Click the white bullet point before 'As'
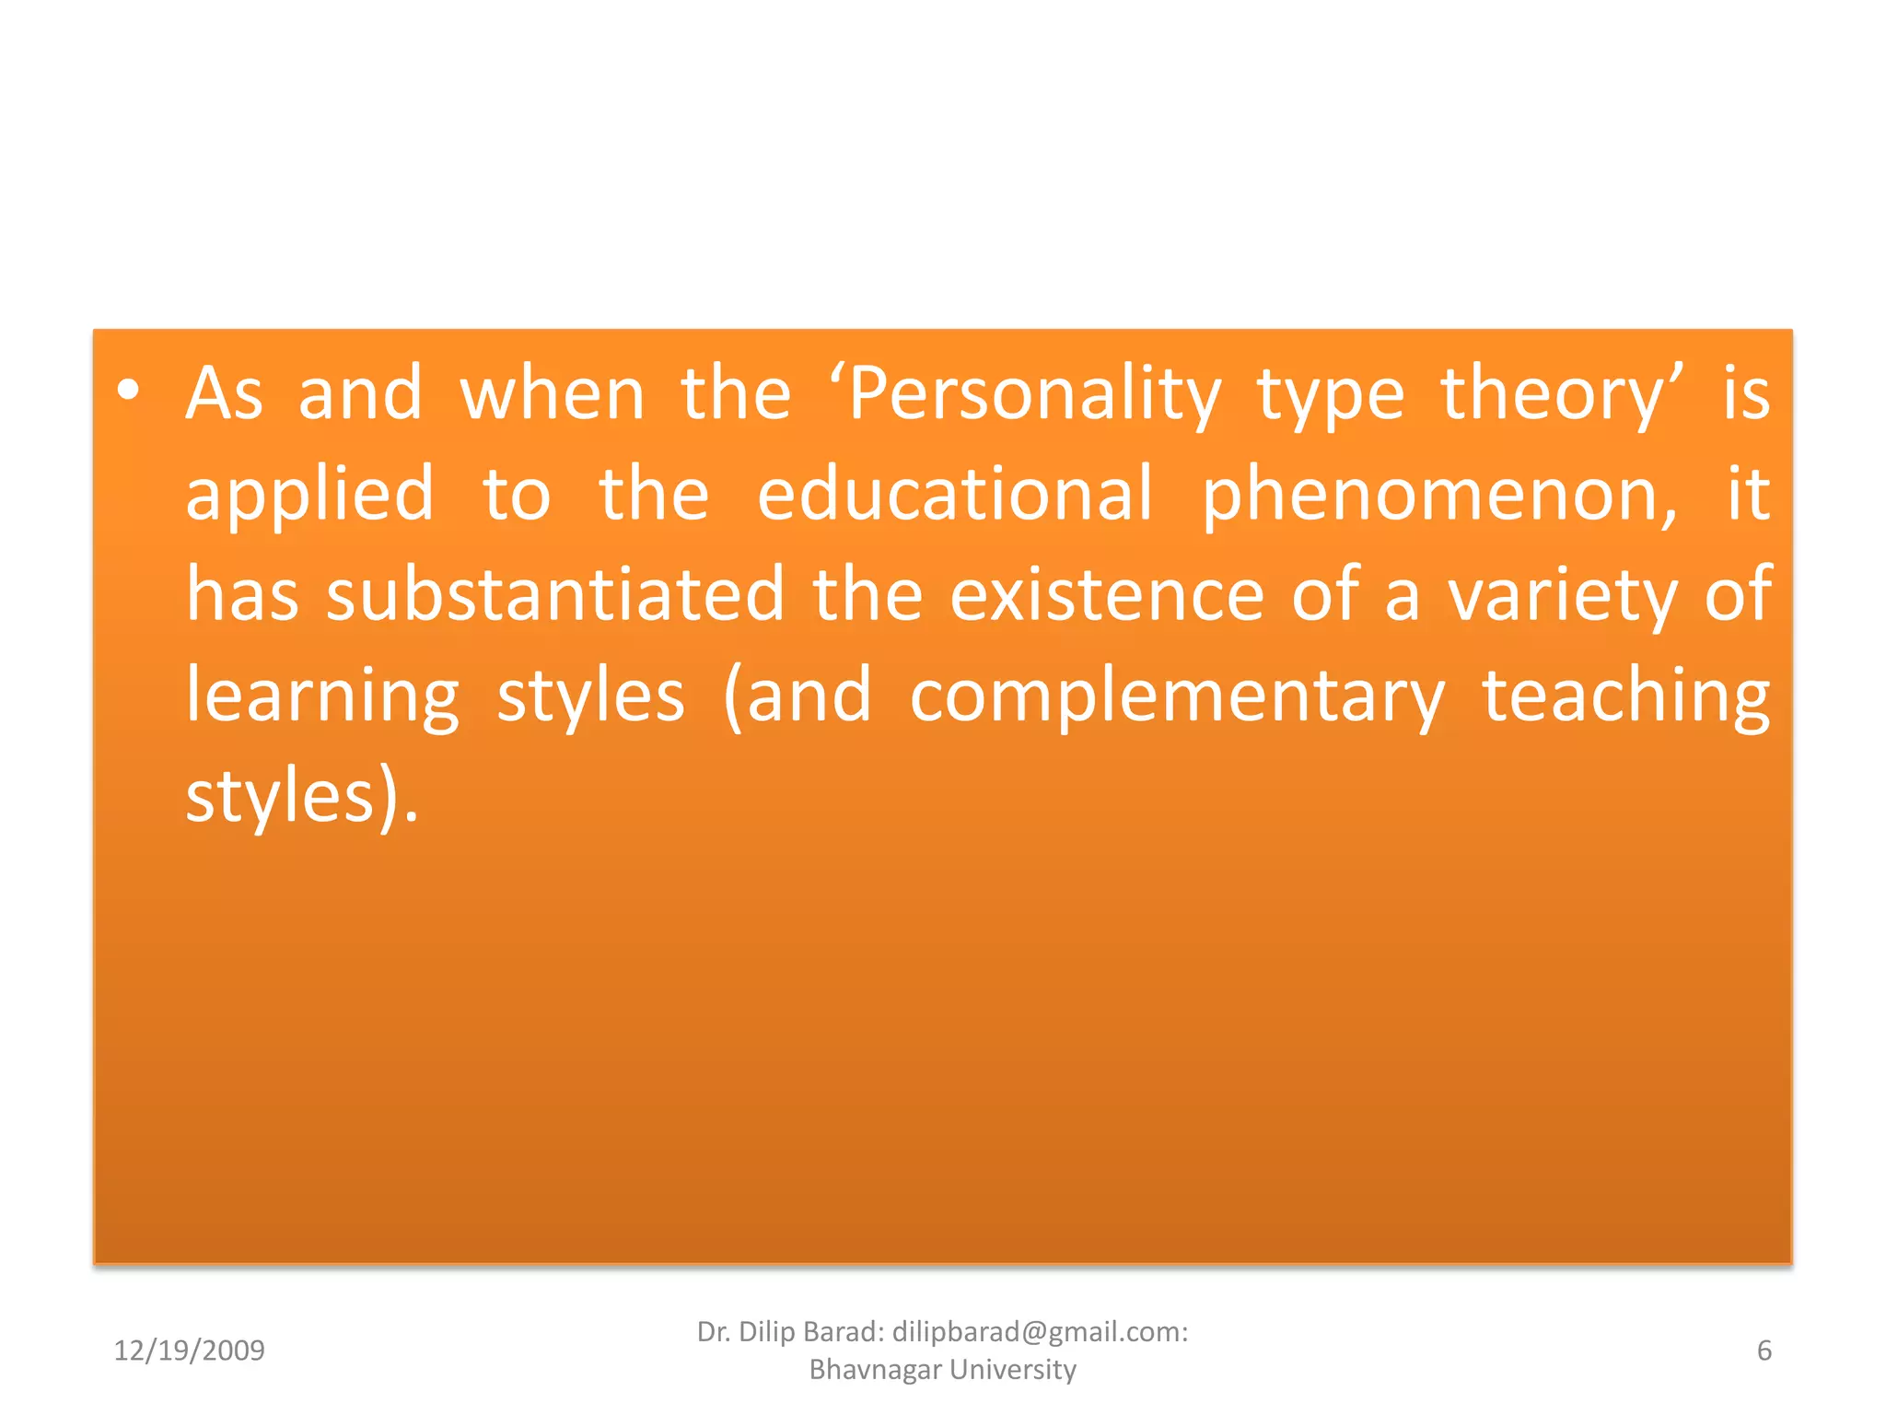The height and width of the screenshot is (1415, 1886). (x=129, y=391)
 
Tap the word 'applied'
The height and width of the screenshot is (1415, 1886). (x=309, y=496)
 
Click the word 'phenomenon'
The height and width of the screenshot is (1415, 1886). (x=1437, y=496)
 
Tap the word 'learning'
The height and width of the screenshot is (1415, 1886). (x=322, y=697)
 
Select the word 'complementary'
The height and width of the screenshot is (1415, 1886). (x=1177, y=697)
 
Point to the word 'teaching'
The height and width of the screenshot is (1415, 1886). (x=1625, y=697)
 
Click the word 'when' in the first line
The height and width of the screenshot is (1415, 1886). (x=552, y=393)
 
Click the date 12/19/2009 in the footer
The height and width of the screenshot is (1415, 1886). (x=189, y=1351)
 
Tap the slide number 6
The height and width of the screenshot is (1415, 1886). (x=1764, y=1351)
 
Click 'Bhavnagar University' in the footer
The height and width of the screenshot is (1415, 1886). (x=942, y=1370)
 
